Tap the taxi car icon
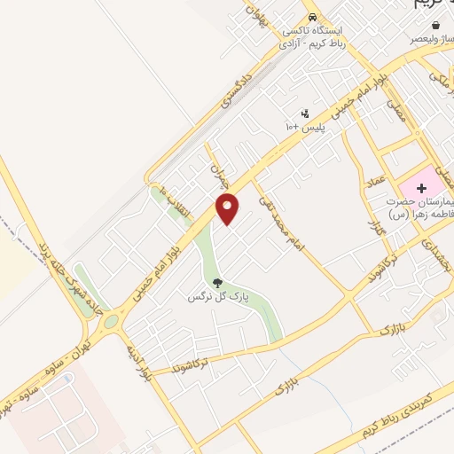coord(311,18)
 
